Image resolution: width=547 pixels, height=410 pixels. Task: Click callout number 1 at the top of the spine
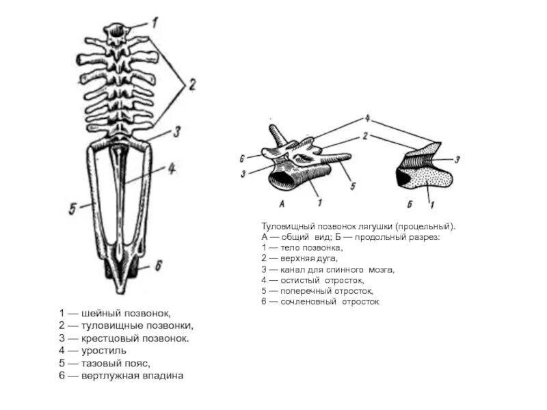tap(155, 22)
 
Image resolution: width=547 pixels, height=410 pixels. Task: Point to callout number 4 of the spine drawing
tap(172, 167)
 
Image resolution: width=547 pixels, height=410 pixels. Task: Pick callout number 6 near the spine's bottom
tap(158, 265)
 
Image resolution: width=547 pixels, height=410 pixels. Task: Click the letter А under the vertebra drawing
tap(282, 204)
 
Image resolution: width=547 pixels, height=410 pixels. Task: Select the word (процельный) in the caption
tap(423, 226)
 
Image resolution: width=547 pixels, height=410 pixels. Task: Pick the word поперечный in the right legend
tap(309, 290)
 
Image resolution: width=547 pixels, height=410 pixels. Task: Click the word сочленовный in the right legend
tap(311, 301)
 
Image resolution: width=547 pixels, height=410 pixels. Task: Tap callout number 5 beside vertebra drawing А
tap(352, 186)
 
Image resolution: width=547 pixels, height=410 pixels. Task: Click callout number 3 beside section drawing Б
tap(457, 159)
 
